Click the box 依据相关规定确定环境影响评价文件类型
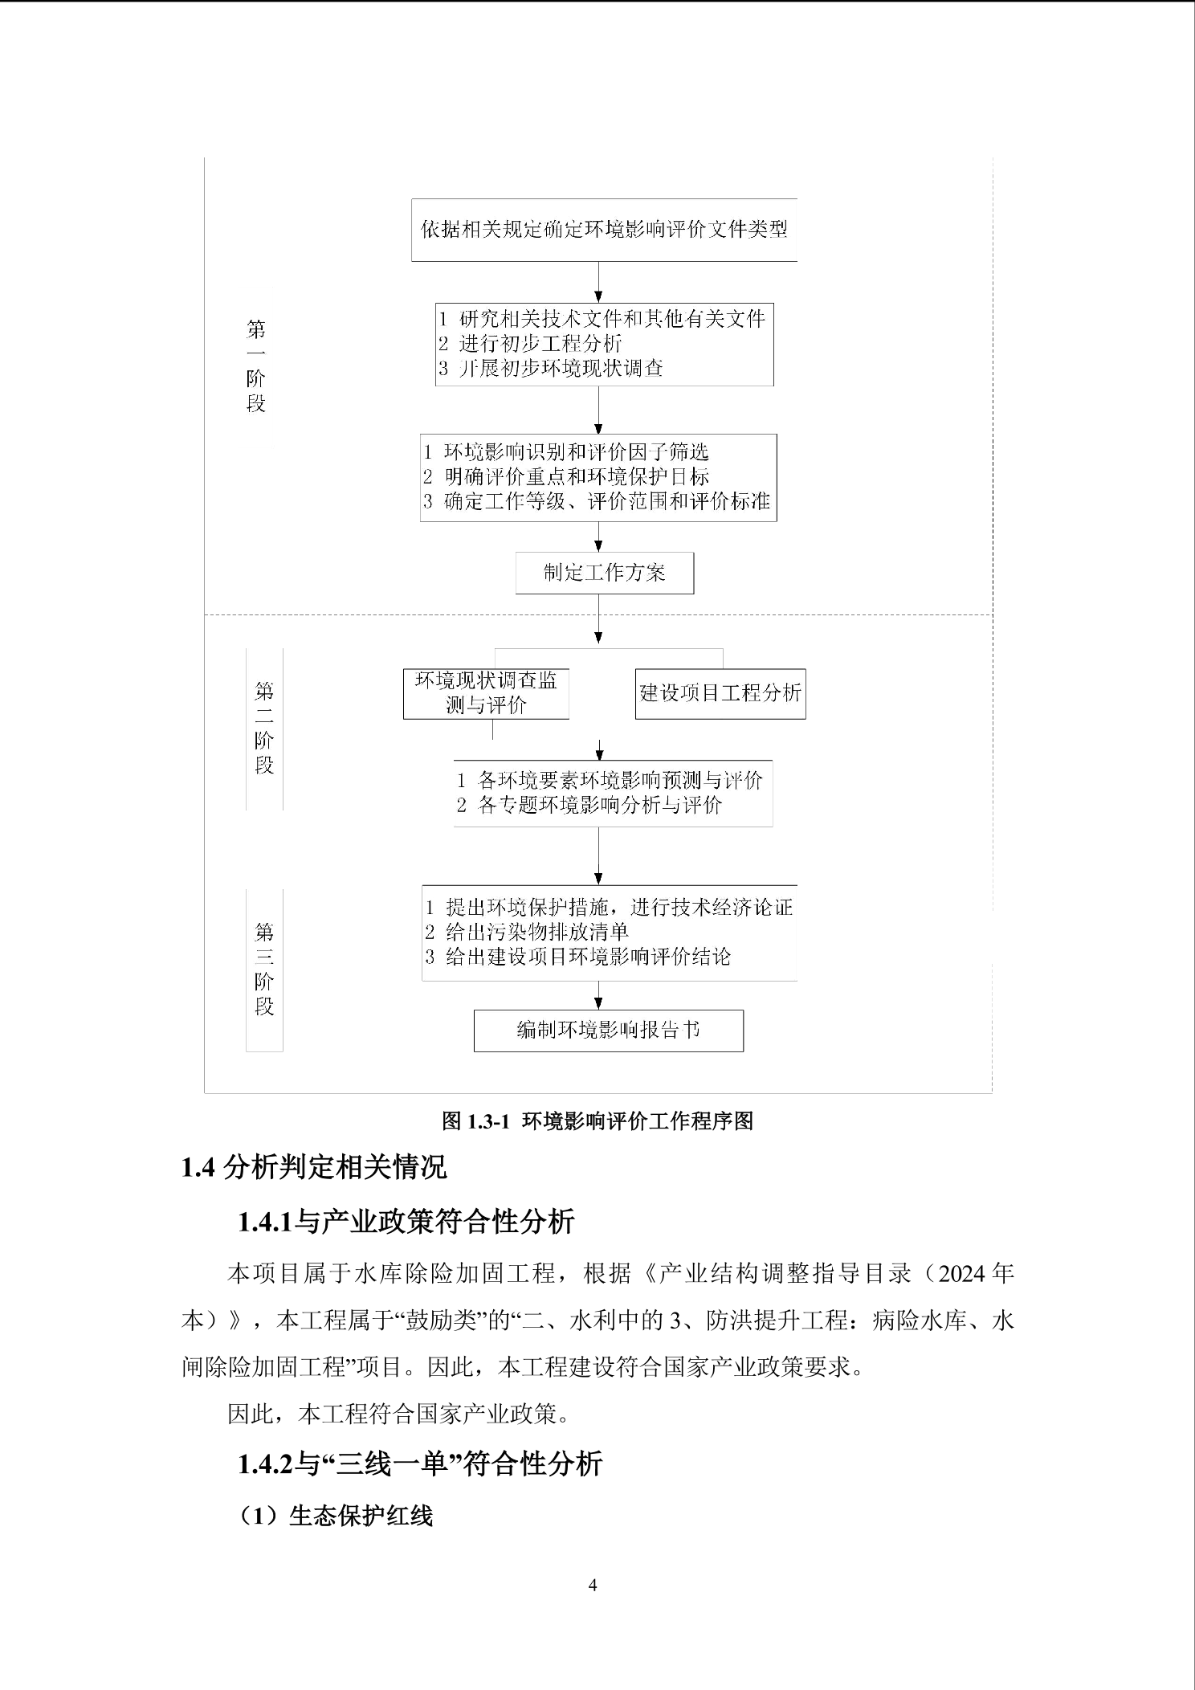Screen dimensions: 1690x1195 (604, 230)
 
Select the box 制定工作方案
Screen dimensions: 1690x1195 (604, 573)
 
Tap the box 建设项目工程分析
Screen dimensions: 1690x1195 (720, 693)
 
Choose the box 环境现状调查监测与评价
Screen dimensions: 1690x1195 (486, 693)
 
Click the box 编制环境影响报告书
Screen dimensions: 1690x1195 (608, 1031)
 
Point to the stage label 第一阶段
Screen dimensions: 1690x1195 (256, 366)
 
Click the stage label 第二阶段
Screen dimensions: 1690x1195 (264, 728)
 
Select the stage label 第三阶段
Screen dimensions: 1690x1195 (264, 970)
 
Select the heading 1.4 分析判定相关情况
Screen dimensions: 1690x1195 (314, 1167)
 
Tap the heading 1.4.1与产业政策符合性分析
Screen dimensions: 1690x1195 (406, 1222)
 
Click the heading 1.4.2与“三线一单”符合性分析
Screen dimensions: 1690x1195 (419, 1464)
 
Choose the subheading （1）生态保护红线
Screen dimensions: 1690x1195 (337, 1516)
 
